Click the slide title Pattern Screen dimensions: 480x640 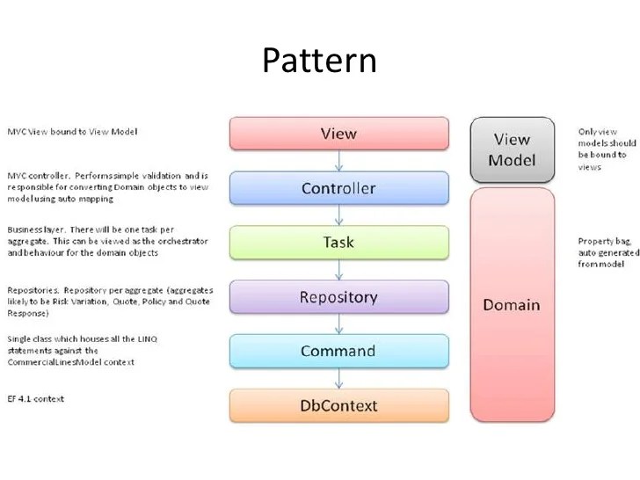tap(319, 60)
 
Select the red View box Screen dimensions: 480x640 tap(338, 134)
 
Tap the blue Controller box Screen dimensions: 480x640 tap(338, 188)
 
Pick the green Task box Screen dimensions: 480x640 tap(338, 243)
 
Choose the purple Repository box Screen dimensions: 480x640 tap(338, 297)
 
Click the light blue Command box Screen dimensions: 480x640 tap(338, 351)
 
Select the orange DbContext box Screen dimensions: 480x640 tap(338, 405)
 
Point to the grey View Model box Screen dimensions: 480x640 tap(512, 149)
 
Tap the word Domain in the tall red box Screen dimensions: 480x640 tap(512, 305)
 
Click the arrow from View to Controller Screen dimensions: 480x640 tap(338, 161)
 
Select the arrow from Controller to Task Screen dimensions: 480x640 tap(338, 215)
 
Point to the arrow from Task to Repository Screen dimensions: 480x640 tap(338, 270)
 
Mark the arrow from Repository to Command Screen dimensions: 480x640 tap(338, 324)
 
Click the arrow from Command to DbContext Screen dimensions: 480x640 tap(338, 379)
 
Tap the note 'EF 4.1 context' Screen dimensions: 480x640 tap(36, 398)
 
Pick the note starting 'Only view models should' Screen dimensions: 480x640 tap(607, 149)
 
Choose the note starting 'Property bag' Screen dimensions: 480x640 tap(607, 253)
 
